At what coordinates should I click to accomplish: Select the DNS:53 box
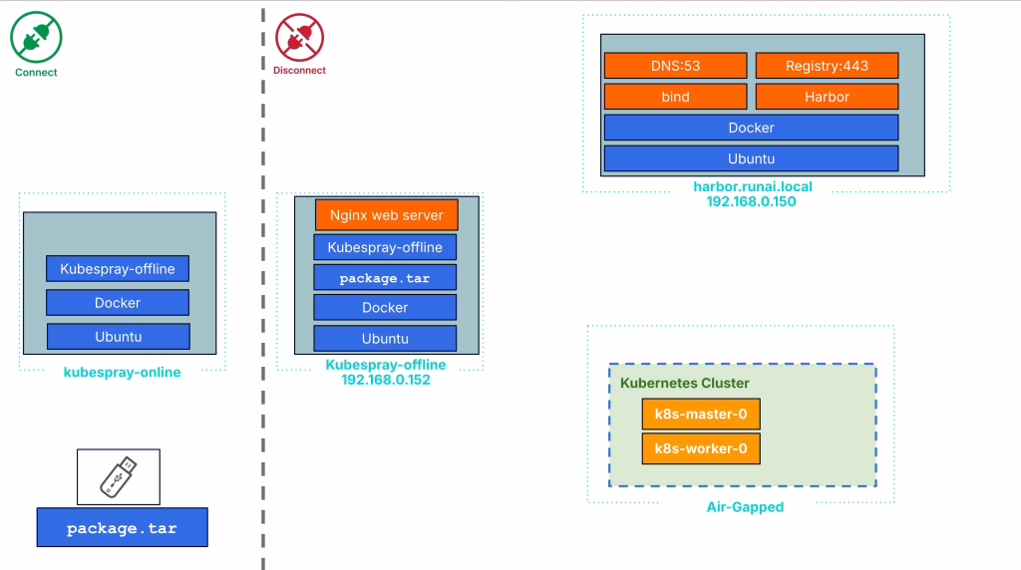pos(675,66)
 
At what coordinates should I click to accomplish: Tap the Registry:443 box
pos(827,66)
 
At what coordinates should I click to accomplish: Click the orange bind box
pos(675,97)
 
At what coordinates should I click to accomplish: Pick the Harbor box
pos(827,97)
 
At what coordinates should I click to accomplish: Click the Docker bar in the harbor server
pos(751,128)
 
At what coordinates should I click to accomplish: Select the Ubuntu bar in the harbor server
pos(751,158)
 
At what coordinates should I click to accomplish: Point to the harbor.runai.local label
pos(752,186)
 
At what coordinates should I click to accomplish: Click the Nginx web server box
pos(386,215)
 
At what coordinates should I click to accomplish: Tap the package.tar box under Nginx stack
pos(385,278)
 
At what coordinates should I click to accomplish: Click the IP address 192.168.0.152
pos(385,380)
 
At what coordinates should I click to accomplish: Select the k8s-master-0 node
pos(700,415)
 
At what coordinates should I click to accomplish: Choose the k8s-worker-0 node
pos(700,448)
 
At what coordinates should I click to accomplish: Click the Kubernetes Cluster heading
pos(684,383)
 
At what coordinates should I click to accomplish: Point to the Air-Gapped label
pos(744,507)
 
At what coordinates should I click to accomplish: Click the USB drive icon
pos(118,476)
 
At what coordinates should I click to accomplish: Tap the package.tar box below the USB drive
pos(122,528)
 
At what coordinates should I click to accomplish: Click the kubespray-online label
pos(122,373)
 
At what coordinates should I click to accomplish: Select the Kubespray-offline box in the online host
pos(118,269)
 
